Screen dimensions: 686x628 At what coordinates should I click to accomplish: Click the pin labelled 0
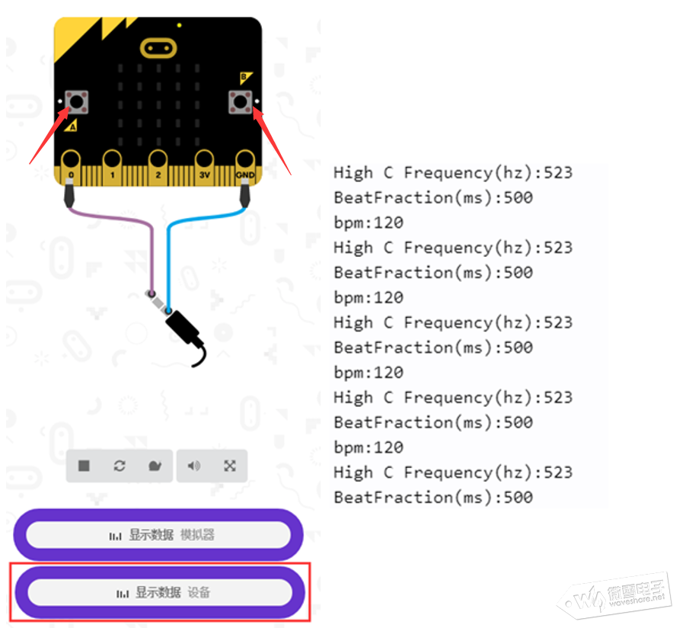[x=71, y=168]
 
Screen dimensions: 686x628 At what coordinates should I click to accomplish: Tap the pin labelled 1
[x=112, y=168]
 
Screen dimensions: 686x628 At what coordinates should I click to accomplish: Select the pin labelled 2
[x=158, y=168]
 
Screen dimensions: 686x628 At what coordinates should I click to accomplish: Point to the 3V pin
[x=204, y=168]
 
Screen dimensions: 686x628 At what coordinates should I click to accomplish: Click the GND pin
[x=245, y=168]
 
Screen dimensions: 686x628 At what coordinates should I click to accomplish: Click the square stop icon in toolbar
[x=84, y=466]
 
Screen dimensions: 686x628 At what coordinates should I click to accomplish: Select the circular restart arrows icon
[x=120, y=466]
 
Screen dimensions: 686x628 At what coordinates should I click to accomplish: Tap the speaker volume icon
[x=194, y=466]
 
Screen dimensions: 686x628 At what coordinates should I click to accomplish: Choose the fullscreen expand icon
[x=230, y=466]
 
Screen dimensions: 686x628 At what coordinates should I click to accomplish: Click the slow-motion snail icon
[x=155, y=466]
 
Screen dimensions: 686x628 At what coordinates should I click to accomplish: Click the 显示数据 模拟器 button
[x=158, y=535]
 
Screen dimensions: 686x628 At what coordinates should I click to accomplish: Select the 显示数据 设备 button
[x=160, y=592]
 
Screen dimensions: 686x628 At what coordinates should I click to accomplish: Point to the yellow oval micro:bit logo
[x=158, y=48]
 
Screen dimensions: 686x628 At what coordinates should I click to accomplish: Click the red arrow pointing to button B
[x=272, y=141]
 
